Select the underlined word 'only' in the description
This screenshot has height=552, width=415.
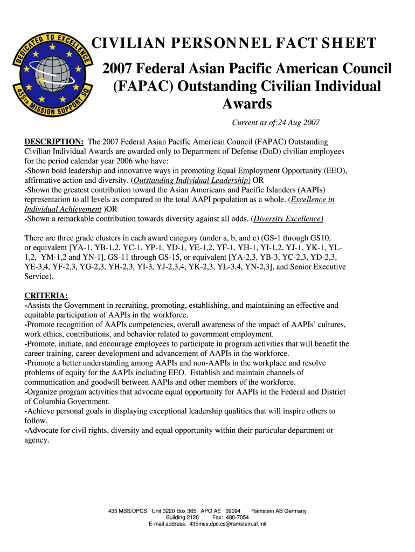point(164,151)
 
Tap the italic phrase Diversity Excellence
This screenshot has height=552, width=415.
point(288,219)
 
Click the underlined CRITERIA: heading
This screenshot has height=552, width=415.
point(46,296)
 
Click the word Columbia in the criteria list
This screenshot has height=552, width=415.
point(51,402)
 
